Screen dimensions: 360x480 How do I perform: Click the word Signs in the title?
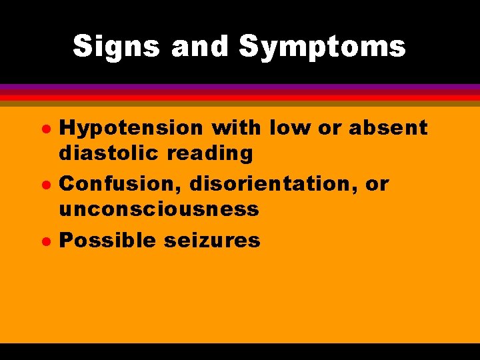pyautogui.click(x=117, y=47)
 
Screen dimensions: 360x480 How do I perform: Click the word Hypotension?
pyautogui.click(x=132, y=128)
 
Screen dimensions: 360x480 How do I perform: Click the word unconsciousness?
pyautogui.click(x=159, y=209)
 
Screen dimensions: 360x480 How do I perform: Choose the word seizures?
pyautogui.click(x=212, y=239)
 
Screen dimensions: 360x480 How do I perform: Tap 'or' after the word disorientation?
pyautogui.click(x=377, y=184)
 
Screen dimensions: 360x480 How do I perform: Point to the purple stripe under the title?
pyautogui.click(x=240, y=87)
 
